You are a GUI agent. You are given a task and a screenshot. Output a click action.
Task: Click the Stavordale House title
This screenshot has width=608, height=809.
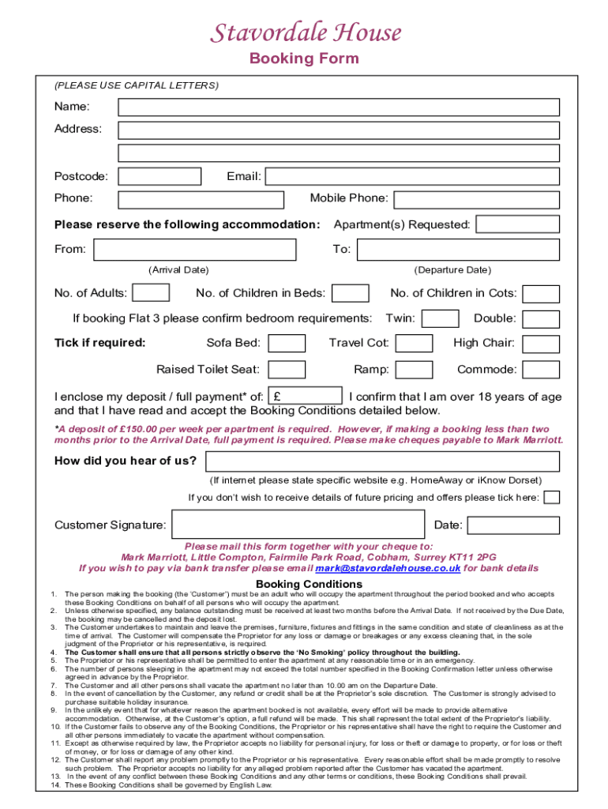point(305,33)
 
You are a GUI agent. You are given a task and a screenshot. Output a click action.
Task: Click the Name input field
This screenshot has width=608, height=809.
point(339,107)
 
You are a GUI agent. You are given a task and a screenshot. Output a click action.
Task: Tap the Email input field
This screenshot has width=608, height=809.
point(412,176)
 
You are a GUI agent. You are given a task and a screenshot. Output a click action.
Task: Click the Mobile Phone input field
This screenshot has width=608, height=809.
point(477,199)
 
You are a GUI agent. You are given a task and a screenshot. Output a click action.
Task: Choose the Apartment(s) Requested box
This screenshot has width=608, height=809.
point(519,224)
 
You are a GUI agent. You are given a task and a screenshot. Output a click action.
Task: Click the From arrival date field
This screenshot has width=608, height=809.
point(195,250)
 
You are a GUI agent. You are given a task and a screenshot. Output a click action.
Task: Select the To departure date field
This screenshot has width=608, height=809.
point(458,250)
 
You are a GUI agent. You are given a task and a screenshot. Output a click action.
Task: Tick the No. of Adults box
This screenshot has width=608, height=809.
point(151,293)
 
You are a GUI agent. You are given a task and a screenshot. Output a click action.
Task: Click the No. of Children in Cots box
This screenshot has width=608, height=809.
point(542,293)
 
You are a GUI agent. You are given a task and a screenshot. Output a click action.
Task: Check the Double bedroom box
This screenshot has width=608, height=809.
point(542,318)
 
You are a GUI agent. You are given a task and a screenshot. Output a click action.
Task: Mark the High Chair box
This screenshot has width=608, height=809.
point(542,343)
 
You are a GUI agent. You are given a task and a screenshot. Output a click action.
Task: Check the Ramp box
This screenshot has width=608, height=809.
point(414,369)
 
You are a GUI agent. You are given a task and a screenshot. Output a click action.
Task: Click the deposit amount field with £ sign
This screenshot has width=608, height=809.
point(306,397)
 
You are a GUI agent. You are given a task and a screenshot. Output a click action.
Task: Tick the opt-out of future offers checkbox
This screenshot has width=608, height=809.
point(553,497)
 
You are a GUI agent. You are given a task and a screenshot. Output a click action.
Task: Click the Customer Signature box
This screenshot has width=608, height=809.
point(299,525)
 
